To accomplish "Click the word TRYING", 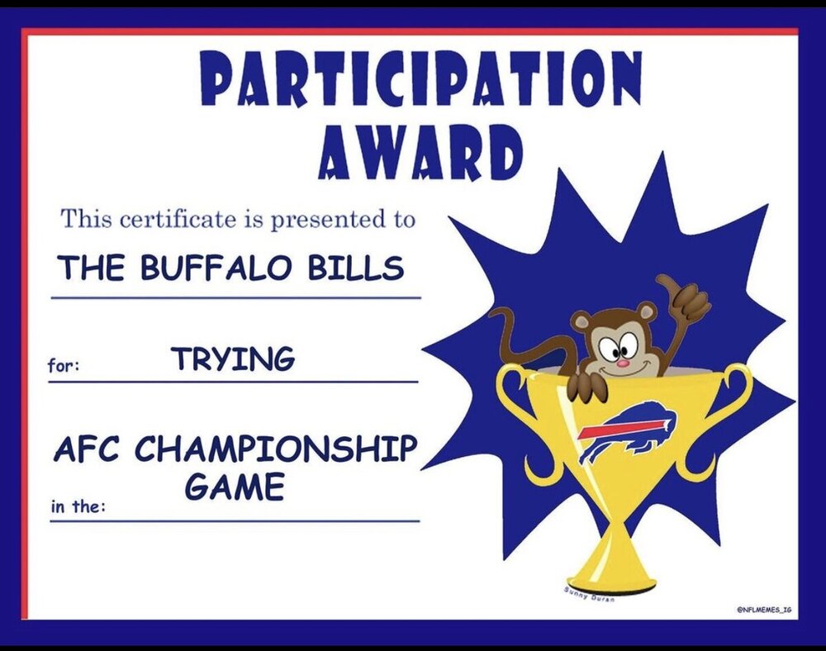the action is point(235,359).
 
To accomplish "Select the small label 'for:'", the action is point(64,364).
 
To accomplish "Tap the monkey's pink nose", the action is point(623,363).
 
